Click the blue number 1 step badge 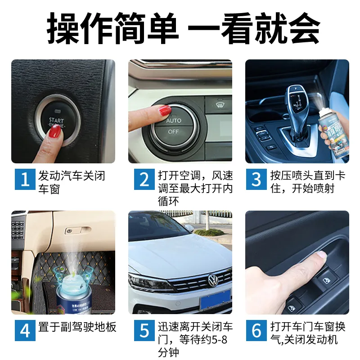tap(25, 179)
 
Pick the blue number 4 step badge tap(25, 331)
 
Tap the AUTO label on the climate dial tap(173, 121)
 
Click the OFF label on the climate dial tap(173, 132)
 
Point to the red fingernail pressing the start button tap(55, 131)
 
